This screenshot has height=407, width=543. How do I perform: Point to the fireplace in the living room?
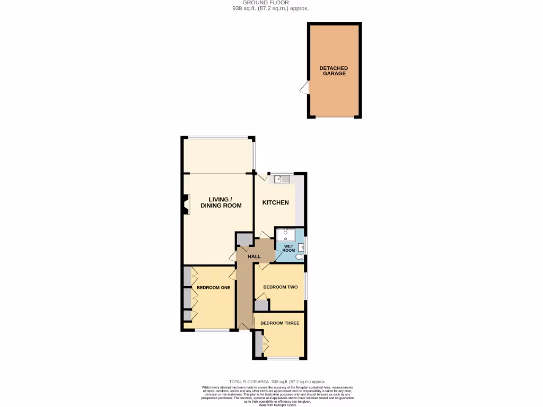click(x=186, y=205)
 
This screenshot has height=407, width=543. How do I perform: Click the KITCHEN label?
click(x=276, y=202)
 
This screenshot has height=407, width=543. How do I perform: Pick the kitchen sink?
click(x=282, y=179)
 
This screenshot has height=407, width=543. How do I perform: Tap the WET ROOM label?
click(x=288, y=248)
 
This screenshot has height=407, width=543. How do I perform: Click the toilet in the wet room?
click(x=300, y=257)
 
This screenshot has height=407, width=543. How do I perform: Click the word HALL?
click(x=255, y=256)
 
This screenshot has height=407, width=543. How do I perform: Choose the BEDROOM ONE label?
click(x=213, y=288)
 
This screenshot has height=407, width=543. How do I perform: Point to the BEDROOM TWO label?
click(x=280, y=287)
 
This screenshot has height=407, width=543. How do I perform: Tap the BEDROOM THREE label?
click(x=279, y=323)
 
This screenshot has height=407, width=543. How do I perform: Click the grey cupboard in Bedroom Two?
click(x=261, y=305)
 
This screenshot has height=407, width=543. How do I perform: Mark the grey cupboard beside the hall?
click(x=244, y=240)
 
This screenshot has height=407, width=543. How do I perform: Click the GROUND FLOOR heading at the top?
click(x=270, y=3)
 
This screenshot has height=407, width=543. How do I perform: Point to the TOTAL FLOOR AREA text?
click(x=277, y=382)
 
